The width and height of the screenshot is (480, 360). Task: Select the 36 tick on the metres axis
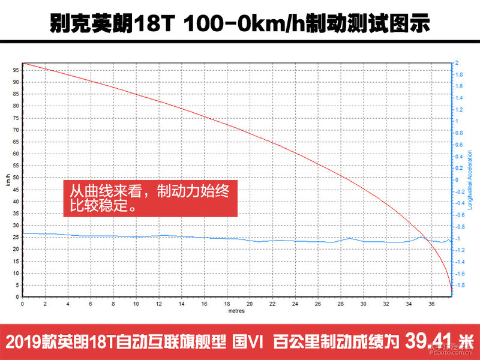(x=432, y=304)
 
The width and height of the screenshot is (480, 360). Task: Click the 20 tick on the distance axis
(x=250, y=304)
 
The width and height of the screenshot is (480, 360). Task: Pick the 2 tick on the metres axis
(x=46, y=304)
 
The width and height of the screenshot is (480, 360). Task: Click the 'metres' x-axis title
(x=236, y=311)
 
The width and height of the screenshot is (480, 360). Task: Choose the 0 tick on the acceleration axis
(x=457, y=179)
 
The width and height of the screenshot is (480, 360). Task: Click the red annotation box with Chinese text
(x=151, y=197)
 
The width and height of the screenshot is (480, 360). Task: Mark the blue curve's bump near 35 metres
(x=422, y=237)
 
